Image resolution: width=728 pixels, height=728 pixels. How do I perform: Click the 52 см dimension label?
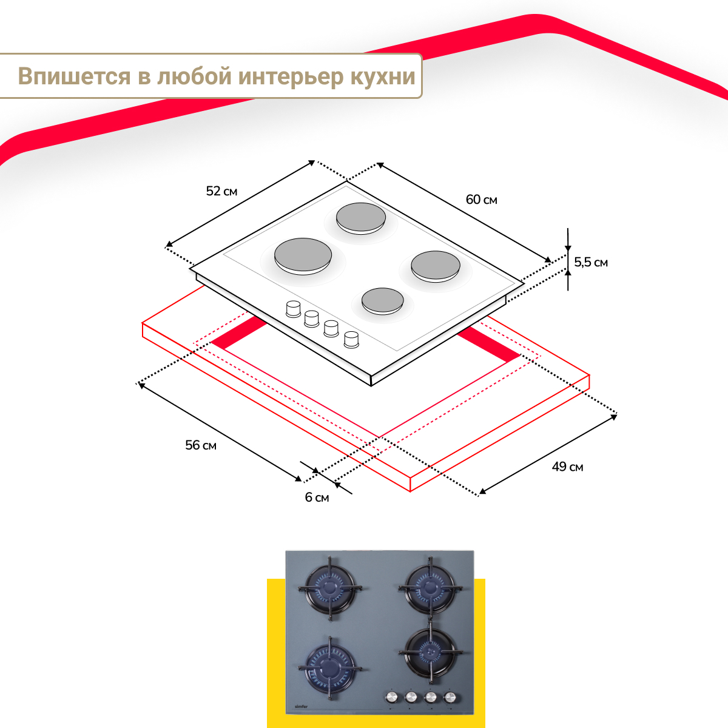click(x=221, y=192)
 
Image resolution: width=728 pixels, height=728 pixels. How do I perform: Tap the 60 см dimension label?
click(x=481, y=200)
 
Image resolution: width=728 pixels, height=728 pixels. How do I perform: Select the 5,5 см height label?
click(x=590, y=263)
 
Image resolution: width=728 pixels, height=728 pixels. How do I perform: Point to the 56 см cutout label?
click(x=201, y=445)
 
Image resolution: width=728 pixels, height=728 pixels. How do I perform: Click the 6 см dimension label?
click(x=317, y=497)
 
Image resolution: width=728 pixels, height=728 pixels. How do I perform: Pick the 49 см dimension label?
click(x=567, y=467)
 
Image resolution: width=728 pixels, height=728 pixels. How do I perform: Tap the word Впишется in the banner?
click(x=74, y=77)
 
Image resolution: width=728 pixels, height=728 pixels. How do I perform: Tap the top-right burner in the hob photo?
click(x=431, y=587)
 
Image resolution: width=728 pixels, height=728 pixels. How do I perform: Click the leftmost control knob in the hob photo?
click(x=392, y=696)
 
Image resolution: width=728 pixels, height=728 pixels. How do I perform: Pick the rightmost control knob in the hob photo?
click(x=450, y=696)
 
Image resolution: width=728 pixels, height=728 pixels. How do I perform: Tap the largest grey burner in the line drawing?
click(x=303, y=255)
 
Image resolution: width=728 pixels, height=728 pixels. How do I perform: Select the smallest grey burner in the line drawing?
click(x=382, y=300)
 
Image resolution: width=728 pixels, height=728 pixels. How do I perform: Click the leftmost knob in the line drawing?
click(x=293, y=308)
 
